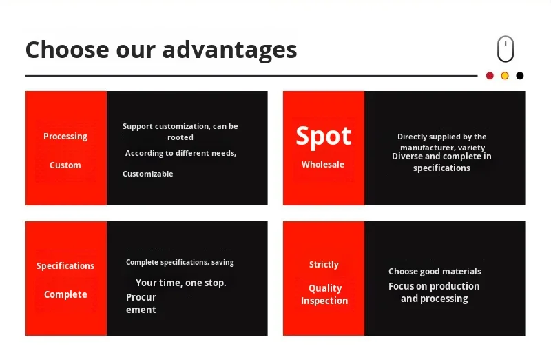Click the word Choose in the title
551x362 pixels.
pos(67,49)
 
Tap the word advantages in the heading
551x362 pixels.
pos(229,50)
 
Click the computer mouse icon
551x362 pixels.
pos(506,48)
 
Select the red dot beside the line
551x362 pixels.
pos(490,76)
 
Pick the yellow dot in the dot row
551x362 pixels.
pos(505,76)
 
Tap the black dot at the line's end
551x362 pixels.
pos(520,76)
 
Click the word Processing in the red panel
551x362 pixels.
pos(65,137)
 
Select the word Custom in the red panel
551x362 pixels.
pos(65,165)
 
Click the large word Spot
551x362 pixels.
pos(323,137)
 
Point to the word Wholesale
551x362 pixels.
pos(323,164)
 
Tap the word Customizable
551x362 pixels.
pos(148,174)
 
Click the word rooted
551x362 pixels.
pos(180,137)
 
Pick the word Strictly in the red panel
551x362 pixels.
pos(324,265)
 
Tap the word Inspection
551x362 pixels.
pos(324,301)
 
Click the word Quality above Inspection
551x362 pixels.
pos(325,288)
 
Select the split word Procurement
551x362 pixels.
pos(141,303)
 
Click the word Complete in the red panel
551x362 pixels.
pos(65,294)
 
